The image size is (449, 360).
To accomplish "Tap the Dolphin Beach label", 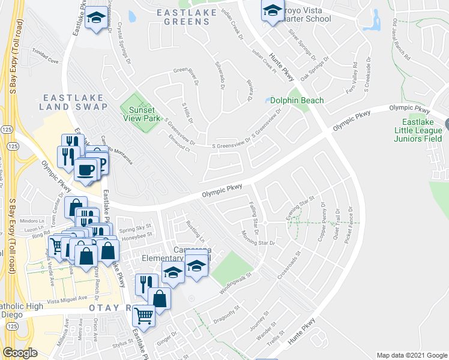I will coord(297,101).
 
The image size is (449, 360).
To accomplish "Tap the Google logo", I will coord(20,353).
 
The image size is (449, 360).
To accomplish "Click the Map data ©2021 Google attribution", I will coord(411,355).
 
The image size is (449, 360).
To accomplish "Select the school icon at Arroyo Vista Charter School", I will coord(272,11).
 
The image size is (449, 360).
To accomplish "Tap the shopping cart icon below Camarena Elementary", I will coord(144,314).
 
